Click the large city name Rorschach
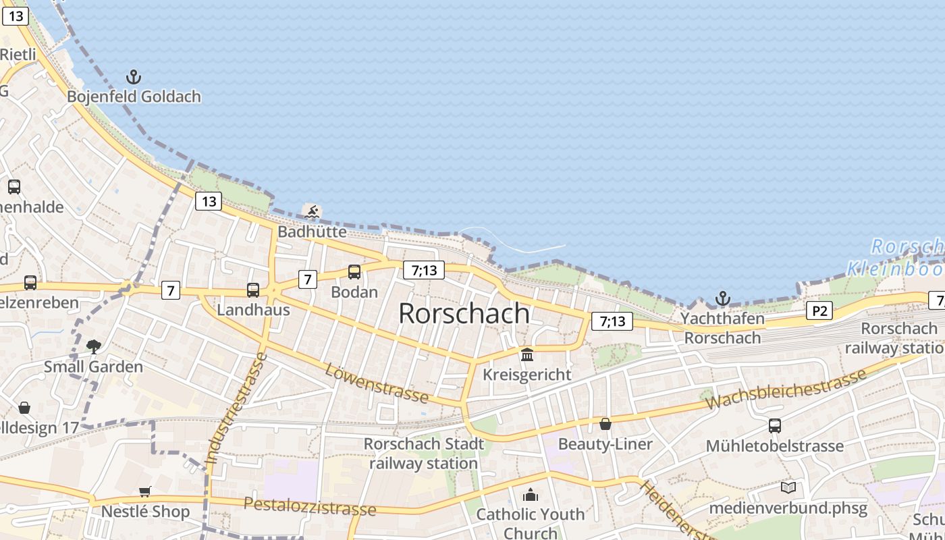[x=464, y=313]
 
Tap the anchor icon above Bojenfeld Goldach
[x=134, y=76]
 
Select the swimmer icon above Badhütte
[x=312, y=213]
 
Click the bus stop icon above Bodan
[x=354, y=272]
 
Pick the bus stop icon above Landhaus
[x=253, y=290]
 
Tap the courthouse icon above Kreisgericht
[x=527, y=354]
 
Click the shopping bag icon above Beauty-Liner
[x=605, y=424]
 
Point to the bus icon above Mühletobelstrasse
[x=774, y=426]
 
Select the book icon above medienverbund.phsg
[x=788, y=487]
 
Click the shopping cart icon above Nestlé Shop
[x=144, y=491]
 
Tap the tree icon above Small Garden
[x=93, y=347]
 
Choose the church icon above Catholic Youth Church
[x=531, y=495]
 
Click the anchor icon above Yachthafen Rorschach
[x=723, y=298]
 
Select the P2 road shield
[x=819, y=310]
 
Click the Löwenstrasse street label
[x=376, y=383]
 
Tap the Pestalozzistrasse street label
[x=310, y=506]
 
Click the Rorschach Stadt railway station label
[x=424, y=454]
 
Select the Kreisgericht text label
[x=527, y=374]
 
